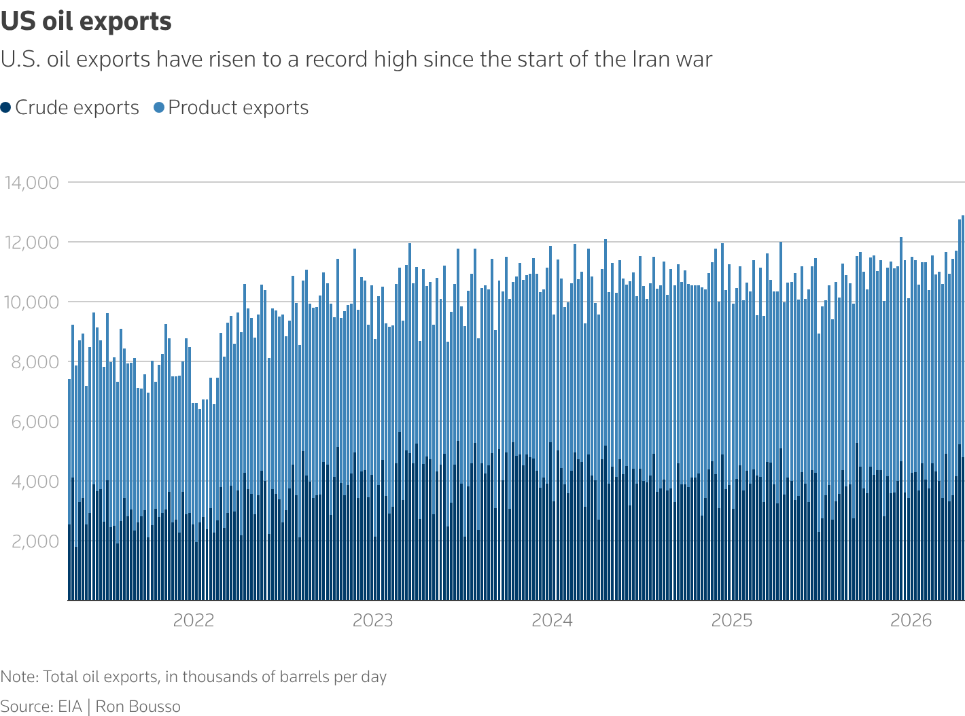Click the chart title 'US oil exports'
click(x=86, y=22)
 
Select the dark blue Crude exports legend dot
click(x=6, y=107)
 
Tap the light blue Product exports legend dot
click(x=159, y=107)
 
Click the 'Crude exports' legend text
click(x=77, y=107)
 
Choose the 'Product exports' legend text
click(x=239, y=107)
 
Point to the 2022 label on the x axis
click(x=194, y=620)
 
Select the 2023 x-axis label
click(x=373, y=620)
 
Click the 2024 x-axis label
click(x=552, y=620)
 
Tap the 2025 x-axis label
click(x=732, y=620)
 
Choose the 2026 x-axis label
click(x=911, y=620)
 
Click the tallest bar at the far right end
click(x=963, y=408)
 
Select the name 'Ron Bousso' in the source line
click(x=138, y=706)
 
